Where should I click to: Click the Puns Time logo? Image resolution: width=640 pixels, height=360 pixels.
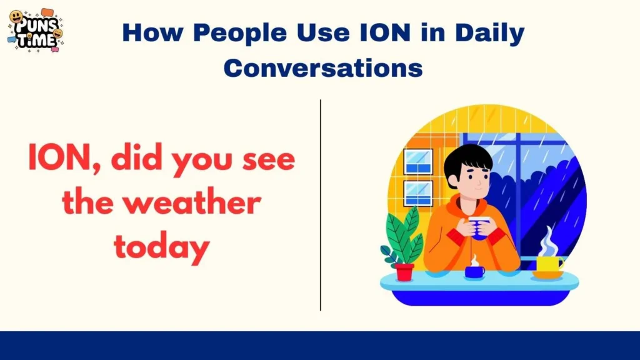point(35,31)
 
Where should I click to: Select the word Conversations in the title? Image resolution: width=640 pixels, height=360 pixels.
point(323,67)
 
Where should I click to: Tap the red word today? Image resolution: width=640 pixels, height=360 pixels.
point(161,248)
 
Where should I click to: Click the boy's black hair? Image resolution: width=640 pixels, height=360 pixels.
point(468,159)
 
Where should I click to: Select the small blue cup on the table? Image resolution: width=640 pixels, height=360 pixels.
point(474,271)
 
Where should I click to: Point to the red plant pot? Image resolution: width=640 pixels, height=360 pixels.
point(404,271)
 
